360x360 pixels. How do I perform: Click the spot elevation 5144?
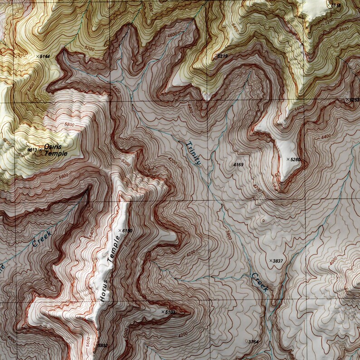[x=44, y=56]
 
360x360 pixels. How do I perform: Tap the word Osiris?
[x=53, y=147]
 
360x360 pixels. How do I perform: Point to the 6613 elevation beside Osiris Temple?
[x=32, y=150]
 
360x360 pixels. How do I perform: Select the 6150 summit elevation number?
[x=127, y=231]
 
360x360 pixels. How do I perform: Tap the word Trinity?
[x=193, y=153]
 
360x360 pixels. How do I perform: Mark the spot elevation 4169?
[x=238, y=164]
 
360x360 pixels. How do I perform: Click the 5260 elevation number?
[x=296, y=160]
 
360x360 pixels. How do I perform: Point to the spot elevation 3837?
[x=277, y=261]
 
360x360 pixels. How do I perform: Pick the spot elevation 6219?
[x=222, y=56]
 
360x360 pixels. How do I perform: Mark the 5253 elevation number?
[x=355, y=100]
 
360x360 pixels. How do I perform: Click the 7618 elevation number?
[x=336, y=5]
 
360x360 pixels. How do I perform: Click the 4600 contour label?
[x=173, y=35]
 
